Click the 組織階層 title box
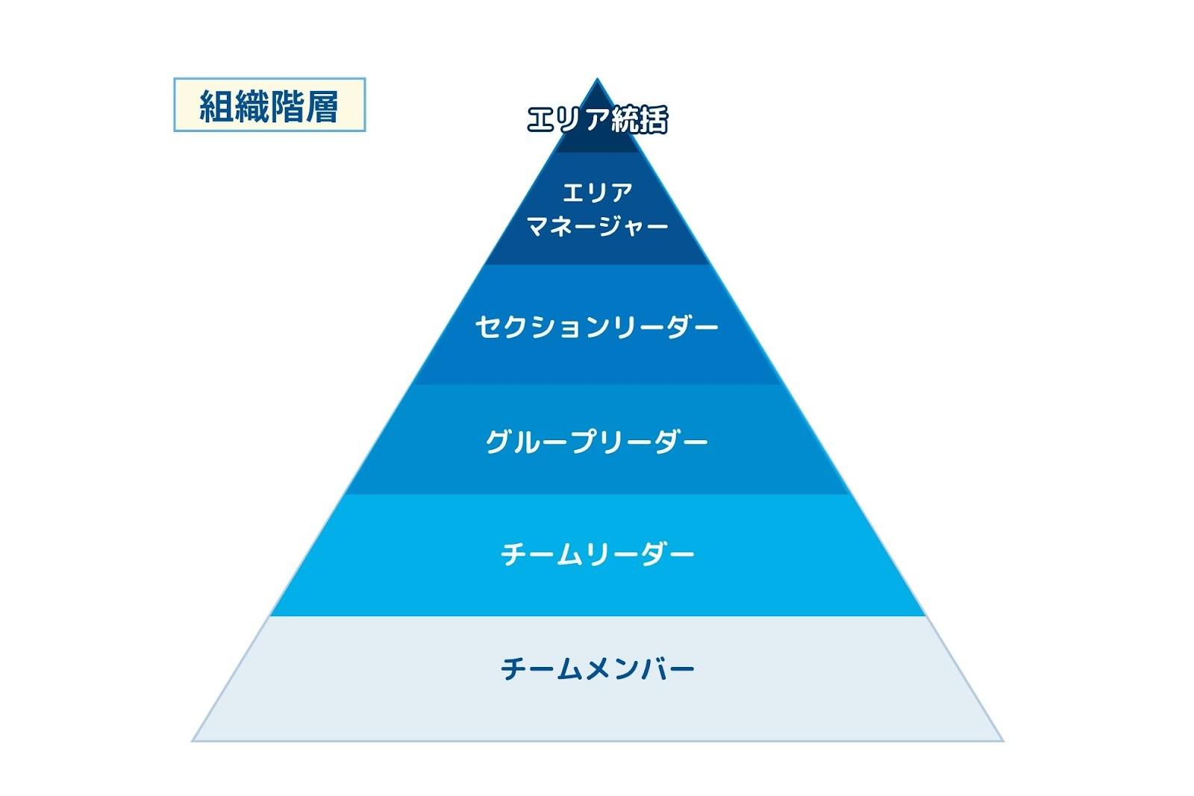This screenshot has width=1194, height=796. coord(269,104)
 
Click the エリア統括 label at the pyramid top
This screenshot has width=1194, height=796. coord(597,119)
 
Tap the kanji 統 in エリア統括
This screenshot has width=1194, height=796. coord(626,119)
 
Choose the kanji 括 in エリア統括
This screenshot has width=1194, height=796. coord(654,119)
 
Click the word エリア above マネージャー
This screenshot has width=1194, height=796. coord(597,192)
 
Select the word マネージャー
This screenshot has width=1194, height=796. coord(597,227)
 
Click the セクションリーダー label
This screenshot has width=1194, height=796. coord(597,326)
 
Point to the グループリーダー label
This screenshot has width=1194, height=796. coord(597,441)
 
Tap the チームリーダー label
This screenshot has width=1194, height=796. coord(598,554)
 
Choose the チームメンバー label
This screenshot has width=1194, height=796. coord(598,668)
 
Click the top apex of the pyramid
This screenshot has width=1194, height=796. coord(597,78)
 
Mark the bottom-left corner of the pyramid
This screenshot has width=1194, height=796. coord(192,741)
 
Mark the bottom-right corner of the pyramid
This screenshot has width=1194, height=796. coord(1004,741)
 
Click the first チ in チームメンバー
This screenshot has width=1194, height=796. coord(513,668)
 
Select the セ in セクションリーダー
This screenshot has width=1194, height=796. coord(488,326)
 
